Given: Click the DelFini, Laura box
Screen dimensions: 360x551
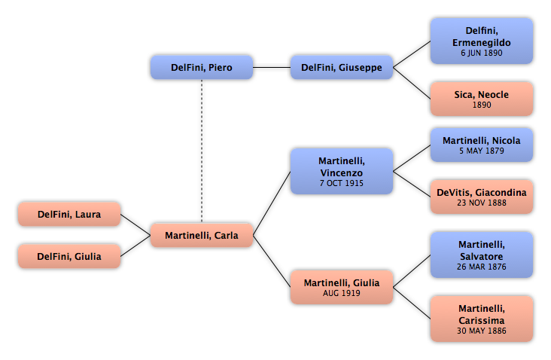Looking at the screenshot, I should pyautogui.click(x=68, y=214).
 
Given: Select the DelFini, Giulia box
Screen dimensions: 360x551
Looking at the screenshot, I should pyautogui.click(x=68, y=256).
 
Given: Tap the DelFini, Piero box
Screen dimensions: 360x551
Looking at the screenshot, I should pyautogui.click(x=201, y=67).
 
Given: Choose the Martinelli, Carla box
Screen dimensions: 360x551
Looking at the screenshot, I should pyautogui.click(x=201, y=235).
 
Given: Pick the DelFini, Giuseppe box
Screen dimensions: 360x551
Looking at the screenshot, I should pyautogui.click(x=341, y=67).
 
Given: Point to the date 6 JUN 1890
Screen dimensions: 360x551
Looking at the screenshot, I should pyautogui.click(x=482, y=53).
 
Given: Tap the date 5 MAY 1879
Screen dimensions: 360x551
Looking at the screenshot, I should pyautogui.click(x=482, y=151).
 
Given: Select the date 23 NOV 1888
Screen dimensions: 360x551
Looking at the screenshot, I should pyautogui.click(x=482, y=203).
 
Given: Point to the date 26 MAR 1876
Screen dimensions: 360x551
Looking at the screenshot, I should pyautogui.click(x=482, y=267).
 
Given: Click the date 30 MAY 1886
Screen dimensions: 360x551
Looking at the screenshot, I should pyautogui.click(x=482, y=331).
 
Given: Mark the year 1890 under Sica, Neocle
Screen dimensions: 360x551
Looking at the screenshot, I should pyautogui.click(x=482, y=105).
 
